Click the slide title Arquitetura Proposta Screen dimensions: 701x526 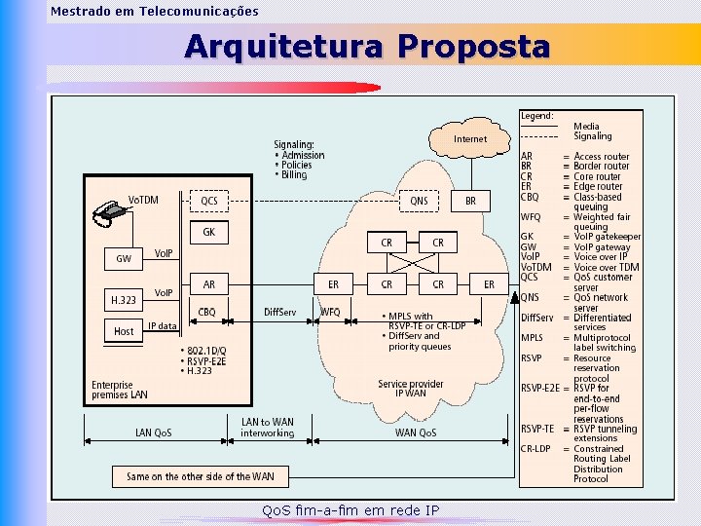(x=367, y=46)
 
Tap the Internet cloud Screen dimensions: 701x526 (x=471, y=139)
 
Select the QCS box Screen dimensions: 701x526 (x=209, y=202)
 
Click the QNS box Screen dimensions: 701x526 (x=419, y=202)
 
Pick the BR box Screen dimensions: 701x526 (x=471, y=202)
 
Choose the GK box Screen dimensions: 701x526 (x=209, y=233)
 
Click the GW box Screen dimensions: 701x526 (x=124, y=259)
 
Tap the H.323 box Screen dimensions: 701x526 (x=124, y=300)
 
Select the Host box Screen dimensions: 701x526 (x=124, y=331)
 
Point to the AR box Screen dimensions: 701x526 (x=209, y=284)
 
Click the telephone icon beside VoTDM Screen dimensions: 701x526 (x=113, y=209)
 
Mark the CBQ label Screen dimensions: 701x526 (x=207, y=312)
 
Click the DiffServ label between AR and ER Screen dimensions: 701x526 (x=280, y=312)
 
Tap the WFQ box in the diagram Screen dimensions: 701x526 (x=331, y=312)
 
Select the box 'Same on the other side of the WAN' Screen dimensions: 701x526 (x=201, y=476)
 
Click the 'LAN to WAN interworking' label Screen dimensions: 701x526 (x=268, y=428)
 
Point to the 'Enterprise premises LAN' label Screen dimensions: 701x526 (x=119, y=390)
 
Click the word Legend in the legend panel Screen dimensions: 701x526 (x=536, y=116)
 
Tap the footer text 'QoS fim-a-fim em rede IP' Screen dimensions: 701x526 (x=350, y=510)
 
